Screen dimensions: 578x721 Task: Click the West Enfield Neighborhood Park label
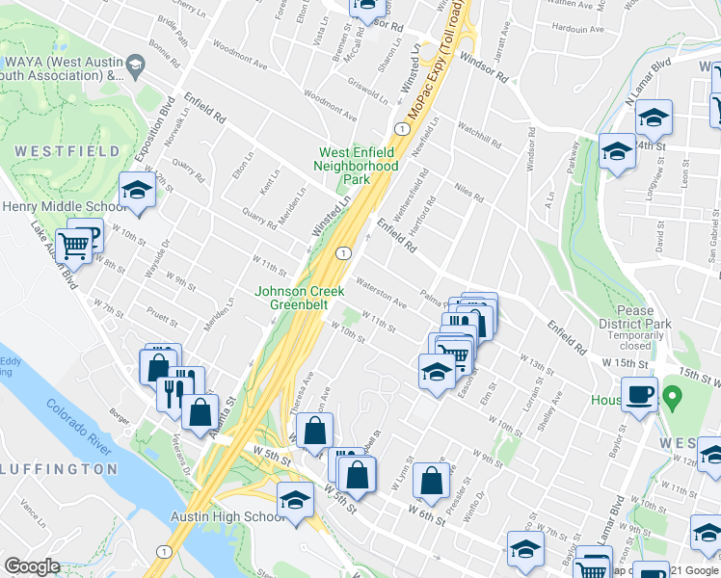(x=359, y=166)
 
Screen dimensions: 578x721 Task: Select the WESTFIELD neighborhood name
(x=67, y=151)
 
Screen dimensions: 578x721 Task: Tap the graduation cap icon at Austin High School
(x=295, y=500)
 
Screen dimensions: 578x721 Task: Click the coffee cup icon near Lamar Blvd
(x=638, y=394)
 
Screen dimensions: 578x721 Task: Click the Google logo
(x=32, y=566)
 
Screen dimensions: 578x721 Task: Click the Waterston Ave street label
(x=382, y=293)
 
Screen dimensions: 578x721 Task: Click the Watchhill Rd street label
(x=479, y=136)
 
